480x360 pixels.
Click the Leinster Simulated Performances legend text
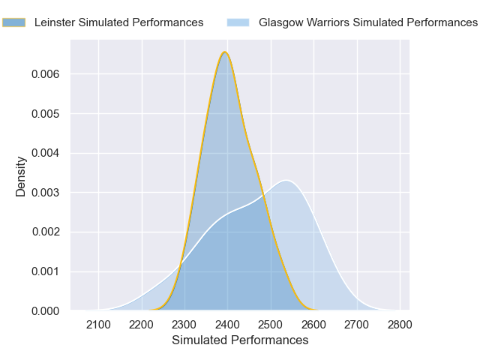pos(118,22)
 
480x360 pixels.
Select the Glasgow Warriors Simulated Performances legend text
pos(367,22)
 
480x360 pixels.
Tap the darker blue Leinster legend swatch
pos(13,22)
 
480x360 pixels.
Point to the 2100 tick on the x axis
pos(98,325)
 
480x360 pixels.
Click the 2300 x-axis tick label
pos(184,325)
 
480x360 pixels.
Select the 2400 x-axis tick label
pos(227,325)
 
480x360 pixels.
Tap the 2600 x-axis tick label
pos(313,325)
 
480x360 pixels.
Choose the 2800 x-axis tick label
pos(400,325)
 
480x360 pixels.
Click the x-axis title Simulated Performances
pos(240,340)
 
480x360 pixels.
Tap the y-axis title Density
pos(22,176)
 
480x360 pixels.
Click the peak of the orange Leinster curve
pos(224,52)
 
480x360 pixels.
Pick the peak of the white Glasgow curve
pos(286,180)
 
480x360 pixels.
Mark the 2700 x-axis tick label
pos(357,325)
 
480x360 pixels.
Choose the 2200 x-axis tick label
pos(141,325)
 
